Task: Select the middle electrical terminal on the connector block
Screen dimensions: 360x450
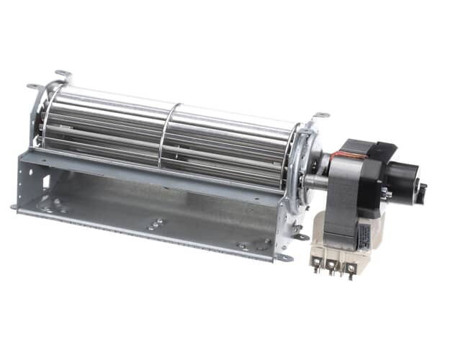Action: (x=333, y=267)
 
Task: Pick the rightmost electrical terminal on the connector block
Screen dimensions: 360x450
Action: (x=351, y=270)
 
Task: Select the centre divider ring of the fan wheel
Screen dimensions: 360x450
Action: (x=168, y=136)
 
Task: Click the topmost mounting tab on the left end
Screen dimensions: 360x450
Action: (x=63, y=74)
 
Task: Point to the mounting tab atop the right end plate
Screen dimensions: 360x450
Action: (x=320, y=115)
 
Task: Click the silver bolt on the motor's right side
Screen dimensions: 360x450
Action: (x=387, y=193)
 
